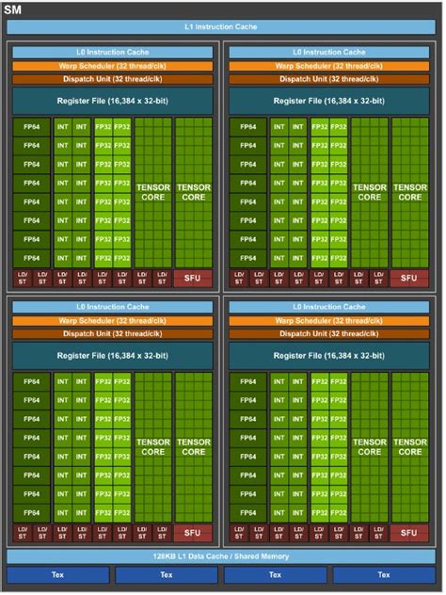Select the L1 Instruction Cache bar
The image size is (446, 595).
coord(222,27)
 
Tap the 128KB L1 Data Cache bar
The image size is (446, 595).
coord(222,556)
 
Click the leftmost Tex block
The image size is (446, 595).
coord(56,574)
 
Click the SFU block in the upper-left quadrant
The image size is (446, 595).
coord(193,278)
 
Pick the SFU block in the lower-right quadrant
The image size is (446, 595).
coord(409,533)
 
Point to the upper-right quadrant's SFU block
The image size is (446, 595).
coord(409,278)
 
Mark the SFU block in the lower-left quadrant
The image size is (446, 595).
coord(193,533)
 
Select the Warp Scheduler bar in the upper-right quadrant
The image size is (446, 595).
coord(329,66)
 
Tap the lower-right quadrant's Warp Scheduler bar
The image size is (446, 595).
coord(329,321)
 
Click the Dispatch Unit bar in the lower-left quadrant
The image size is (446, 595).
coord(112,333)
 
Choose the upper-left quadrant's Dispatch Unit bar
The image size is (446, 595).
coord(112,78)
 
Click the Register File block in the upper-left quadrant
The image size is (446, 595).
coord(112,101)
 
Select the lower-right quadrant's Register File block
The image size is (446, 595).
coord(329,355)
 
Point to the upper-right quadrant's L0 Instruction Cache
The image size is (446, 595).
coord(329,53)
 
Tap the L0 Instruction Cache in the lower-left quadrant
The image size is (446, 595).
coord(112,308)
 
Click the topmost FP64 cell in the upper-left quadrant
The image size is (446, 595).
coord(31,127)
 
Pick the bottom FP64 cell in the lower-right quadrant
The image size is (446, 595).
coord(247,513)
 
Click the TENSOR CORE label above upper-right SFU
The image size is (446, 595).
coord(409,193)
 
